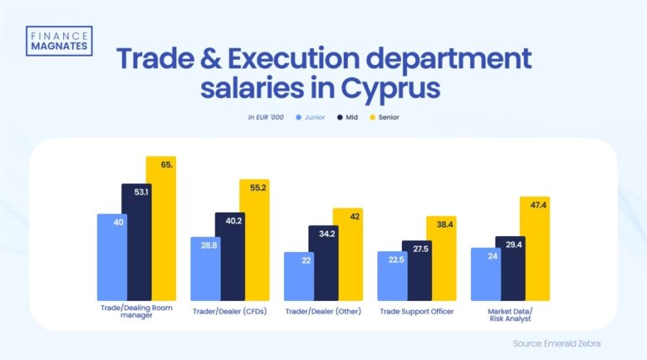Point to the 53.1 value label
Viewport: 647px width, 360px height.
(x=136, y=191)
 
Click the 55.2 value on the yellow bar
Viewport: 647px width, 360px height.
(x=254, y=188)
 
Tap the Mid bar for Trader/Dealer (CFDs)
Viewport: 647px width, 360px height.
(x=230, y=257)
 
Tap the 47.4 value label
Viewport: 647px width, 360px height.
(x=534, y=205)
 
